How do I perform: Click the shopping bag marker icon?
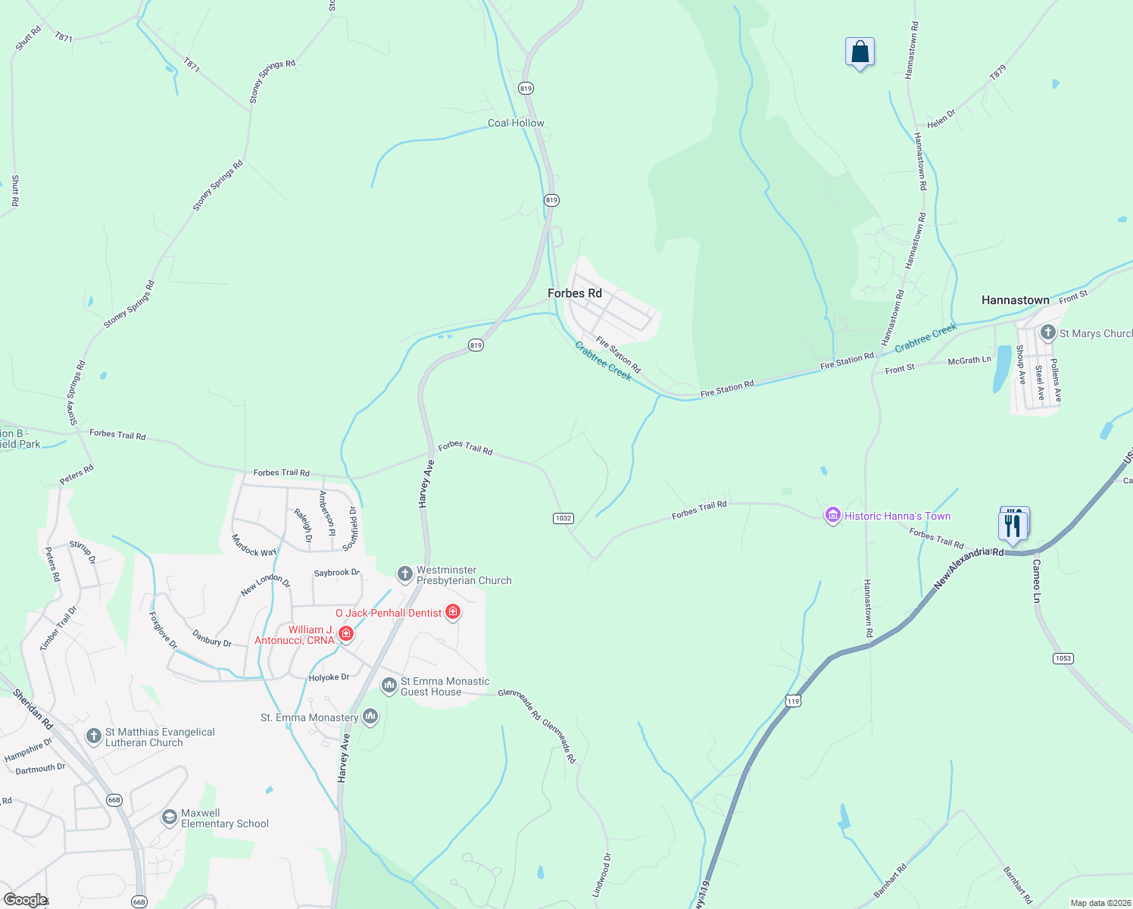click(x=860, y=53)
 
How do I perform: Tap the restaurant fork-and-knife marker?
click(x=1013, y=524)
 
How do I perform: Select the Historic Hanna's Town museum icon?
click(x=832, y=516)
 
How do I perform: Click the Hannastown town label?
click(x=1015, y=300)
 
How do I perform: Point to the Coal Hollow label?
click(x=516, y=123)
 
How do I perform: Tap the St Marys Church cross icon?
click(x=1047, y=332)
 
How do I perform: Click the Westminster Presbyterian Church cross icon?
click(x=404, y=573)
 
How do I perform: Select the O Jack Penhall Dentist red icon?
click(x=453, y=612)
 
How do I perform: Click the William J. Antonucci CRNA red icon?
click(x=345, y=633)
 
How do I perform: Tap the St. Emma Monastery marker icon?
click(x=370, y=716)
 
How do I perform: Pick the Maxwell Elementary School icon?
click(x=170, y=818)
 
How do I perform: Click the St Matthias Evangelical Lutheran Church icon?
click(x=93, y=736)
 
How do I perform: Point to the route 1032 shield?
click(x=563, y=518)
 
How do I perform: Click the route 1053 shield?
click(x=1063, y=658)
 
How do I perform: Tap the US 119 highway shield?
click(x=793, y=701)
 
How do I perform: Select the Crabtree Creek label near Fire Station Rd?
click(x=603, y=361)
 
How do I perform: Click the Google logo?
click(x=25, y=900)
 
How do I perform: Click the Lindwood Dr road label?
click(x=602, y=875)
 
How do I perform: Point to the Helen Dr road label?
click(x=941, y=119)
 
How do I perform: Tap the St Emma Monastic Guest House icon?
click(x=389, y=686)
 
